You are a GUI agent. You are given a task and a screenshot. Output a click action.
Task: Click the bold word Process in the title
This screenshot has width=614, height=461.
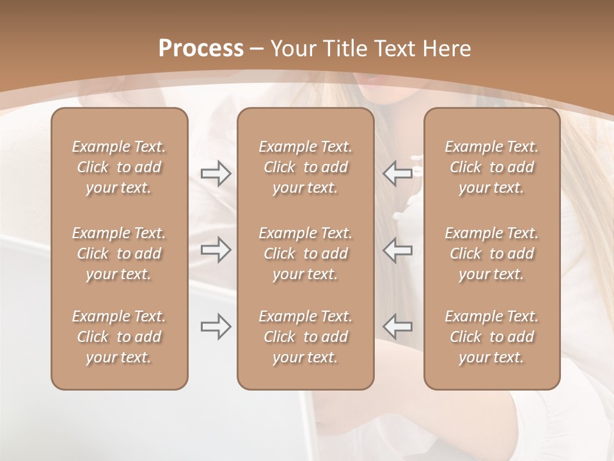(x=201, y=49)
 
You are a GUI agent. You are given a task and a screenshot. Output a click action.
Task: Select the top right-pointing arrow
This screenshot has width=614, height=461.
(x=216, y=174)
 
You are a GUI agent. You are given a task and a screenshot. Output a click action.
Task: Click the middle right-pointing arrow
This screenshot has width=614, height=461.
(x=216, y=250)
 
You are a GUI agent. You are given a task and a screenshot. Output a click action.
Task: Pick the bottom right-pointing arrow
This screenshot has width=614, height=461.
(x=216, y=327)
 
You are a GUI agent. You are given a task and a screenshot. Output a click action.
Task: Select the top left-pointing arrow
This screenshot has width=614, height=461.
(x=397, y=174)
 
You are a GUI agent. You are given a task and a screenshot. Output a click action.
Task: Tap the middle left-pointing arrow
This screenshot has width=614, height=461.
(x=397, y=250)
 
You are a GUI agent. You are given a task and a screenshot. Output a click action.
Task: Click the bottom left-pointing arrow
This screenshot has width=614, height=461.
(x=397, y=327)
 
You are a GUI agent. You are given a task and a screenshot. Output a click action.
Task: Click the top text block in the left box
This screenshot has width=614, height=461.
(x=119, y=167)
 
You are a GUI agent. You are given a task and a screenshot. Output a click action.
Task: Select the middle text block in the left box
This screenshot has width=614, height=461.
(x=119, y=254)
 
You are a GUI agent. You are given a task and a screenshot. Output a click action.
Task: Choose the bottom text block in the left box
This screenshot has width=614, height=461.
(x=119, y=337)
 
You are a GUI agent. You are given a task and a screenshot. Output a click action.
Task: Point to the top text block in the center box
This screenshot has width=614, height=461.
(x=305, y=167)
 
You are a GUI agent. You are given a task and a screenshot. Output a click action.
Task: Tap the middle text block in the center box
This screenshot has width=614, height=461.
(x=305, y=254)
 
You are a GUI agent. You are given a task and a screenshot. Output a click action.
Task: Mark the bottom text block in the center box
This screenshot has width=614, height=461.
(x=305, y=337)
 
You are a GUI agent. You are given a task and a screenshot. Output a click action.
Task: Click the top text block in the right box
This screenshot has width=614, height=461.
(x=491, y=167)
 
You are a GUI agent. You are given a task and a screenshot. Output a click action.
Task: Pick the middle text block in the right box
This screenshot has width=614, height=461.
(x=491, y=254)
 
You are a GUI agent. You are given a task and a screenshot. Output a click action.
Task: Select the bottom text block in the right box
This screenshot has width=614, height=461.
(x=491, y=337)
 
